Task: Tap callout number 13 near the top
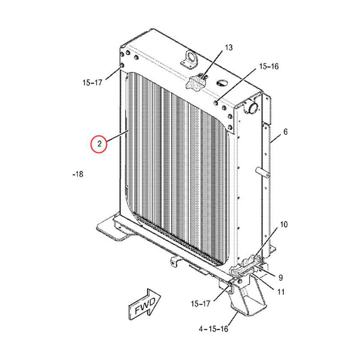pos(229,47)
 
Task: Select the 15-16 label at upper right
pos(268,67)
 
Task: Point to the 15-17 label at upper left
pos(92,82)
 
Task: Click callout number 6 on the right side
pos(285,132)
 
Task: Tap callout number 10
pos(284,224)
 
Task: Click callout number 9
pos(280,277)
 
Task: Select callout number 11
pos(281,292)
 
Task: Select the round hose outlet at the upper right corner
pos(251,108)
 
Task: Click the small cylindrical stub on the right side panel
pos(263,172)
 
